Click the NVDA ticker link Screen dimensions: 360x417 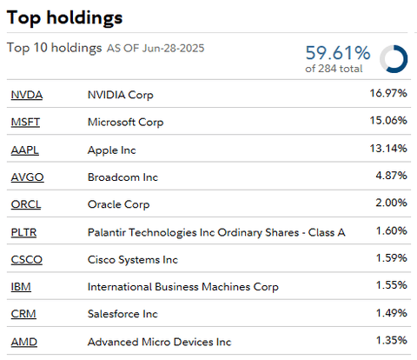coord(26,95)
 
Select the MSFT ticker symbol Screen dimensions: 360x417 coord(26,123)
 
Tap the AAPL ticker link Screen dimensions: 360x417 coord(26,150)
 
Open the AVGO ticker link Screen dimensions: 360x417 coord(27,177)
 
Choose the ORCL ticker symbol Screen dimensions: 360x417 coord(26,205)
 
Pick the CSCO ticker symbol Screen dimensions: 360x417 coord(26,260)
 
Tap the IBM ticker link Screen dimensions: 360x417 coord(20,287)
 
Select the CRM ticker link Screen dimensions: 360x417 coord(23,315)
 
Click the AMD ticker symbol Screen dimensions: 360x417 coord(23,343)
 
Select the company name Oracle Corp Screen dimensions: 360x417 coord(118,205)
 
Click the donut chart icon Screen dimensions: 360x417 coord(394,58)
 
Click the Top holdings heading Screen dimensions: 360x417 coord(64,17)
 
